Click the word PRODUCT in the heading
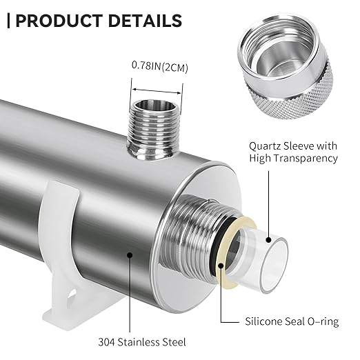[x=59, y=21]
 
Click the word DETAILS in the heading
[x=145, y=21]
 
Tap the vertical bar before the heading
[x=9, y=21]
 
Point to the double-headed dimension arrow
[x=157, y=91]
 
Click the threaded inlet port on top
[x=154, y=129]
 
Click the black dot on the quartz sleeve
[x=268, y=240]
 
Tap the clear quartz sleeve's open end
[x=274, y=266]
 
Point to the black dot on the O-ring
[x=221, y=266]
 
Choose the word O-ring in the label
[x=323, y=321]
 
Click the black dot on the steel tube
[x=130, y=254]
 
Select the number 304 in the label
[x=106, y=342]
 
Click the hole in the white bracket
[x=71, y=296]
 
